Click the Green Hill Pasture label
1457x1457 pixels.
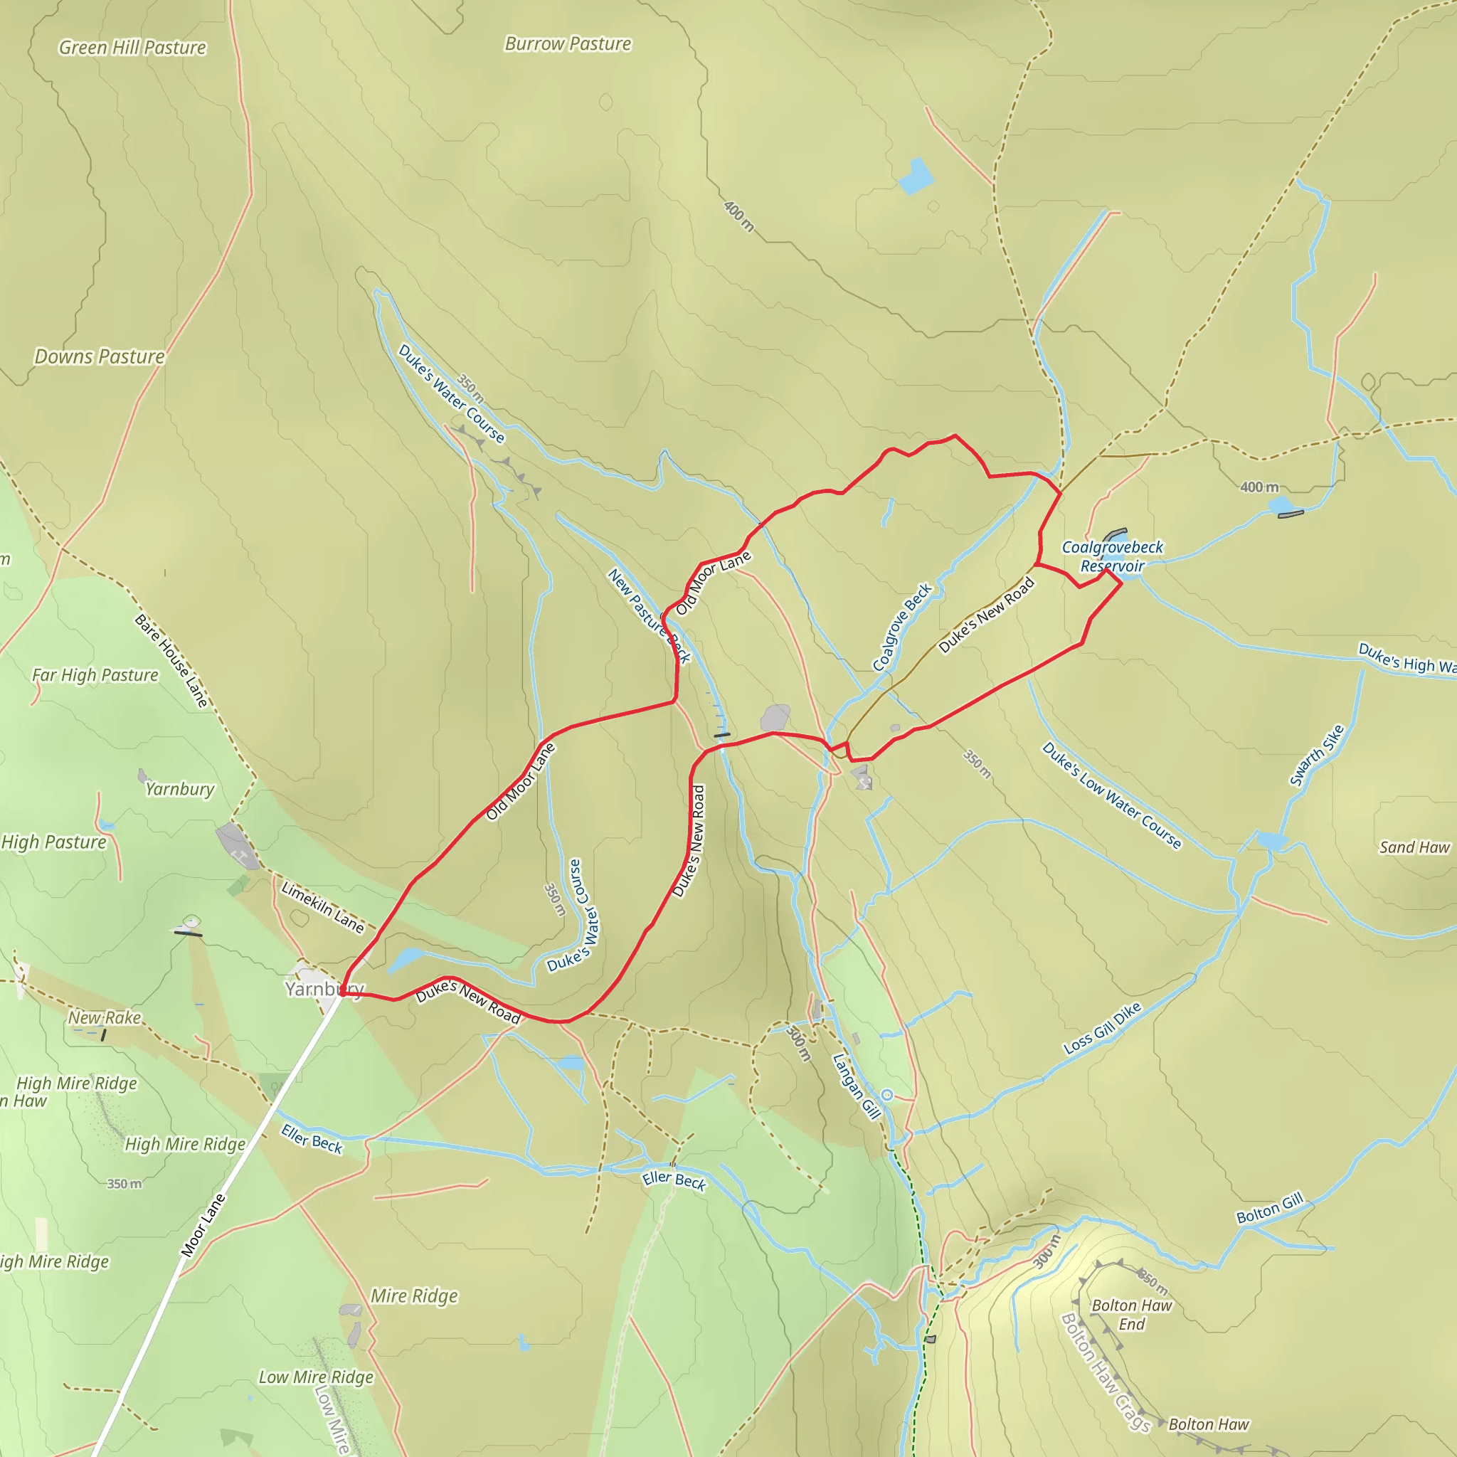point(132,48)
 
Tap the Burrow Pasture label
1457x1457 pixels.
point(567,43)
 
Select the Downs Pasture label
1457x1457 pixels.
point(100,356)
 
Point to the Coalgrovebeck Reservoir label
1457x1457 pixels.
point(1113,556)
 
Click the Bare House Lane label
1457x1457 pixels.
point(171,661)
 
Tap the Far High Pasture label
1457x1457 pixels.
point(95,675)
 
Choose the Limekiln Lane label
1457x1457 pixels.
point(323,907)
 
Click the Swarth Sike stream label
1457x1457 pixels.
point(1317,756)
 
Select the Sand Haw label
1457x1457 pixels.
point(1414,847)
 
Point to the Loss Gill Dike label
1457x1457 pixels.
point(1102,1028)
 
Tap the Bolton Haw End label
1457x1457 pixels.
point(1131,1315)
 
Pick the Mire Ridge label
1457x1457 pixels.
point(414,1296)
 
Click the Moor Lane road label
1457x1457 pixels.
point(203,1226)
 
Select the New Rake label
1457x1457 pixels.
point(105,1017)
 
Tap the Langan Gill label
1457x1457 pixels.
point(857,1086)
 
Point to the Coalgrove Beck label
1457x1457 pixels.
point(902,627)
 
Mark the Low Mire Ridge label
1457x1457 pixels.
point(316,1377)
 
